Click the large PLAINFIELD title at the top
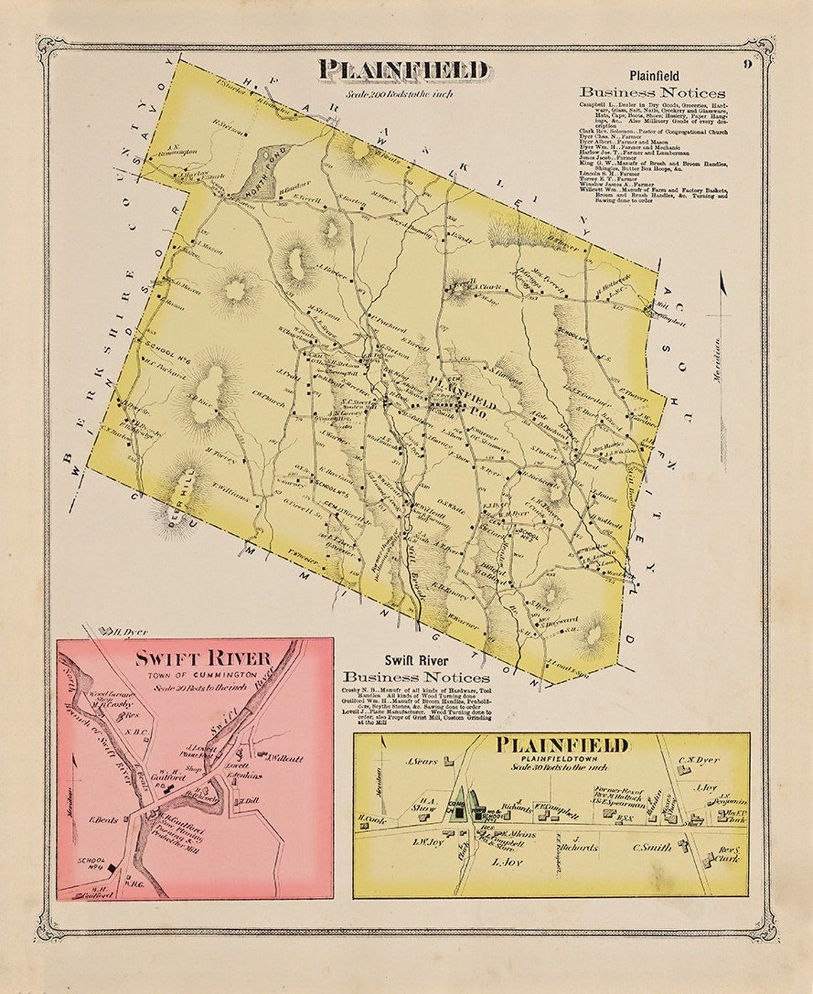coord(404,71)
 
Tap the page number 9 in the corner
coord(747,64)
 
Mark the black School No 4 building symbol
coord(112,866)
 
